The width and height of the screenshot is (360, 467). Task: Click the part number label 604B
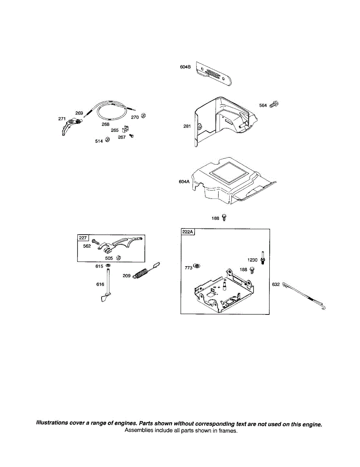(x=185, y=67)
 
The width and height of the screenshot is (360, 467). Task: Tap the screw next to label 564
(x=274, y=104)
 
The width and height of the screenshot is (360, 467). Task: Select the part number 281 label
(x=188, y=126)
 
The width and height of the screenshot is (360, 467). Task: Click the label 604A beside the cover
(x=184, y=182)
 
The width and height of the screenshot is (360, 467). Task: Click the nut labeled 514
(x=108, y=139)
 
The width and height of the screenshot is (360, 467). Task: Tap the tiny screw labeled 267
(x=132, y=136)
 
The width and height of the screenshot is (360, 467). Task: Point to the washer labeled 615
(x=107, y=266)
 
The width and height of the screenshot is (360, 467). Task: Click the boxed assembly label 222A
(x=188, y=232)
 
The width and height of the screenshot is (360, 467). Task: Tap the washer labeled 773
(x=197, y=266)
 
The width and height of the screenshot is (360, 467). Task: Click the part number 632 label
(x=276, y=284)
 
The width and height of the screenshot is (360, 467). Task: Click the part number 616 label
(x=100, y=284)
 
